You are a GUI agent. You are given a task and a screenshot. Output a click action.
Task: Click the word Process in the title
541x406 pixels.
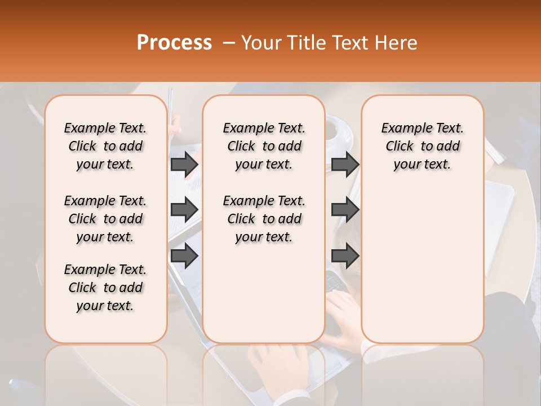click(174, 43)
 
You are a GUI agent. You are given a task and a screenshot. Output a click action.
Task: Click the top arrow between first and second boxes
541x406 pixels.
click(184, 164)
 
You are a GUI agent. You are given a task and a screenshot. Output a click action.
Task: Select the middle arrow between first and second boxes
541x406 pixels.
click(184, 210)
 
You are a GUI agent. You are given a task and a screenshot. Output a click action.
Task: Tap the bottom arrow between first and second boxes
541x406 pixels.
click(184, 256)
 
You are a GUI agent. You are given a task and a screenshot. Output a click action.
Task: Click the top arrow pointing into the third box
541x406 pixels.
click(345, 164)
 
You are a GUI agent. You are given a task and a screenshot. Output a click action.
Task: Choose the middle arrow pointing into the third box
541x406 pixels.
click(345, 210)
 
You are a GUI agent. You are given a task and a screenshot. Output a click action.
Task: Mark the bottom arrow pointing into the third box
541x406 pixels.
click(345, 256)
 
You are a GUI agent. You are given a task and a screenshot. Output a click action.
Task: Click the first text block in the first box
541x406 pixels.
click(105, 146)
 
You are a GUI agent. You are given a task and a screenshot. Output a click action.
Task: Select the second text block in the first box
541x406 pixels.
click(105, 219)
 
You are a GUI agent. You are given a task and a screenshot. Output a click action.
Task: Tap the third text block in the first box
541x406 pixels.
click(105, 288)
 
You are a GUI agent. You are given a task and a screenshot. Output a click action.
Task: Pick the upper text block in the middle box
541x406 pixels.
click(264, 146)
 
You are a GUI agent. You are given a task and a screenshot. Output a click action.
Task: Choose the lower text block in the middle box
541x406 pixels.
click(264, 219)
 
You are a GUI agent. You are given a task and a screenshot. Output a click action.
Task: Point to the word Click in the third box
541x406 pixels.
click(400, 147)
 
